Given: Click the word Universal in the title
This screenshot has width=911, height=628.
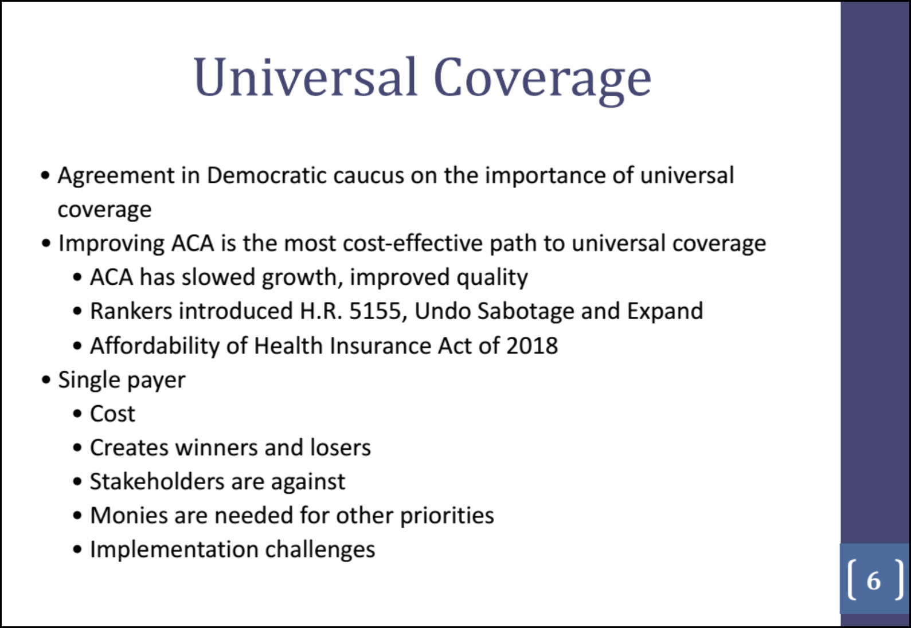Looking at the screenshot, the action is [x=305, y=77].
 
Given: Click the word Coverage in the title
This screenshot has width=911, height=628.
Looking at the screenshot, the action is [x=542, y=80].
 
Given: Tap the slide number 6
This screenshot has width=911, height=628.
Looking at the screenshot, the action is [x=874, y=580].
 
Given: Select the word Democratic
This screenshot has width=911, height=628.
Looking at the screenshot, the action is [x=267, y=175].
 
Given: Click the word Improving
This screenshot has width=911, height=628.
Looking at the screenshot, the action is [x=111, y=244].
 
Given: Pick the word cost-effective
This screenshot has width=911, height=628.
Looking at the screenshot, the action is [x=413, y=244].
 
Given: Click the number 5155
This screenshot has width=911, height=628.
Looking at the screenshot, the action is [x=376, y=311].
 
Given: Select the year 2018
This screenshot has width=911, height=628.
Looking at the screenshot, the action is [x=532, y=346].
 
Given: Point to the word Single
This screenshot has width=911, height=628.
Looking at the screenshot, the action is [x=89, y=381].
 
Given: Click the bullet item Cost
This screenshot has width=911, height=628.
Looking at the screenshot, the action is [x=112, y=414].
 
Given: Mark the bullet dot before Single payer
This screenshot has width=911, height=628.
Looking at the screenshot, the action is [x=46, y=381].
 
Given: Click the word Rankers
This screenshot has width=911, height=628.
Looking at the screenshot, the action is [x=131, y=311].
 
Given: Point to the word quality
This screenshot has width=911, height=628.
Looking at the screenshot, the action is [x=492, y=278].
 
